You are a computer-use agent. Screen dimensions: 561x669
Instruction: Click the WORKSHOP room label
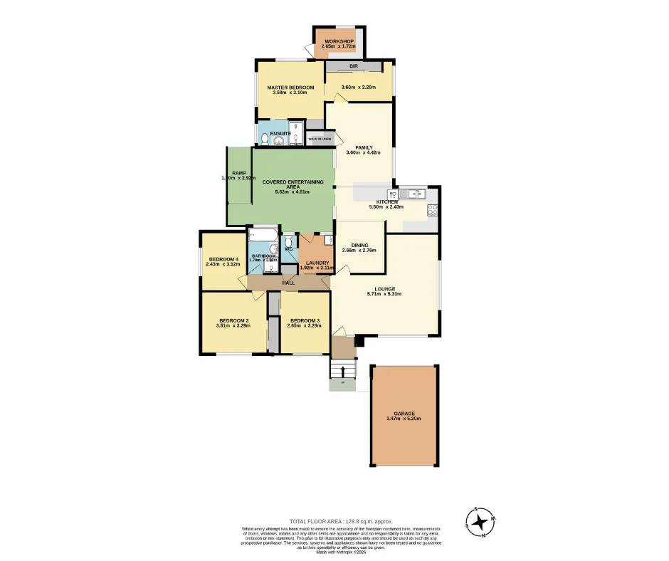click(x=339, y=41)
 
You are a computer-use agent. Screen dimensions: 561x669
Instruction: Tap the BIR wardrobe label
click(x=353, y=65)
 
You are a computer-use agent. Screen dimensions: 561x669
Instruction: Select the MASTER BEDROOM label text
click(x=290, y=88)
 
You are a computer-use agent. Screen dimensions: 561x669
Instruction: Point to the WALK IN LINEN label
click(x=320, y=139)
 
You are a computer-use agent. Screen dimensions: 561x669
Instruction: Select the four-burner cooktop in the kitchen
click(x=432, y=209)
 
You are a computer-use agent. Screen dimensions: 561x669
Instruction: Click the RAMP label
click(x=238, y=173)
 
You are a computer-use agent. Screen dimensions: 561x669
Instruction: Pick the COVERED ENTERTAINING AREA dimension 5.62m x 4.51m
click(x=293, y=192)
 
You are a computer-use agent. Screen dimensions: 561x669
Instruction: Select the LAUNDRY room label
click(x=317, y=263)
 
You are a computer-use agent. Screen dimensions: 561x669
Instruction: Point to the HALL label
click(x=288, y=283)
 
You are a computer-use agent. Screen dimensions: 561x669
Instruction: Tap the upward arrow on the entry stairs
click(x=343, y=372)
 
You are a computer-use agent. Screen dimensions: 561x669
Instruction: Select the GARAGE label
click(x=404, y=413)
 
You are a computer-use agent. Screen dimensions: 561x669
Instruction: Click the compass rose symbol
click(x=481, y=522)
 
